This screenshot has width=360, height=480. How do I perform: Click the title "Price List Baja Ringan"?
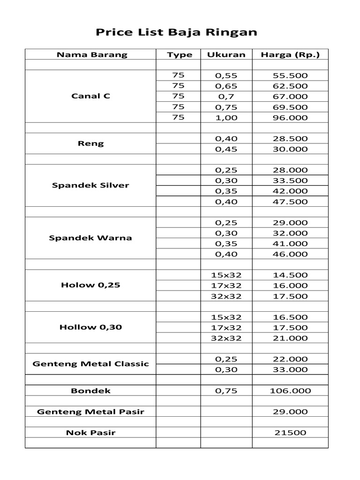pos(176,32)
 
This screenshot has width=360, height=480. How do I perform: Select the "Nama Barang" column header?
pos(92,55)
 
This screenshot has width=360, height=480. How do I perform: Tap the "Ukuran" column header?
pos(226,55)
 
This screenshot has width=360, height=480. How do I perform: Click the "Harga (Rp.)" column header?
pos(290,55)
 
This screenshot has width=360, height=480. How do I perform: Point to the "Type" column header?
pos(180,55)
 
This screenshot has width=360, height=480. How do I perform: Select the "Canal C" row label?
pos(91,96)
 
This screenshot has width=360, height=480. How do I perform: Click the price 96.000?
pos(290,118)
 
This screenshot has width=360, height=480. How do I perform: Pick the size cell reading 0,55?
pos(226,75)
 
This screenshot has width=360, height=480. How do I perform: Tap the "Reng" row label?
pos(91,143)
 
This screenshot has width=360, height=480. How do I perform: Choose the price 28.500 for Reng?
pos(290,139)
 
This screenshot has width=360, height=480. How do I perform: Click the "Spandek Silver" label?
pos(90,185)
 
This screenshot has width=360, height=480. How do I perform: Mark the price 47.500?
pos(290,202)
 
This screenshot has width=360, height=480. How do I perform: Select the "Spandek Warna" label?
pos(90,238)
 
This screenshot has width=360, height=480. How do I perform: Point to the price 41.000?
pos(290,244)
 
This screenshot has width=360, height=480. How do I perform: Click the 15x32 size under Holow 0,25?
pos(226,275)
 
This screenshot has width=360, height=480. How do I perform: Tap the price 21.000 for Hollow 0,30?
pos(290,338)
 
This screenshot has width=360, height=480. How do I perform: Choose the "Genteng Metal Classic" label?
pos(90,364)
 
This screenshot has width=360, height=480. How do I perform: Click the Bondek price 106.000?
pos(290,391)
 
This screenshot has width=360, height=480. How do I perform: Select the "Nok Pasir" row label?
pos(90,433)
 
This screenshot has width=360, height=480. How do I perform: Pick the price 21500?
pos(290,433)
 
